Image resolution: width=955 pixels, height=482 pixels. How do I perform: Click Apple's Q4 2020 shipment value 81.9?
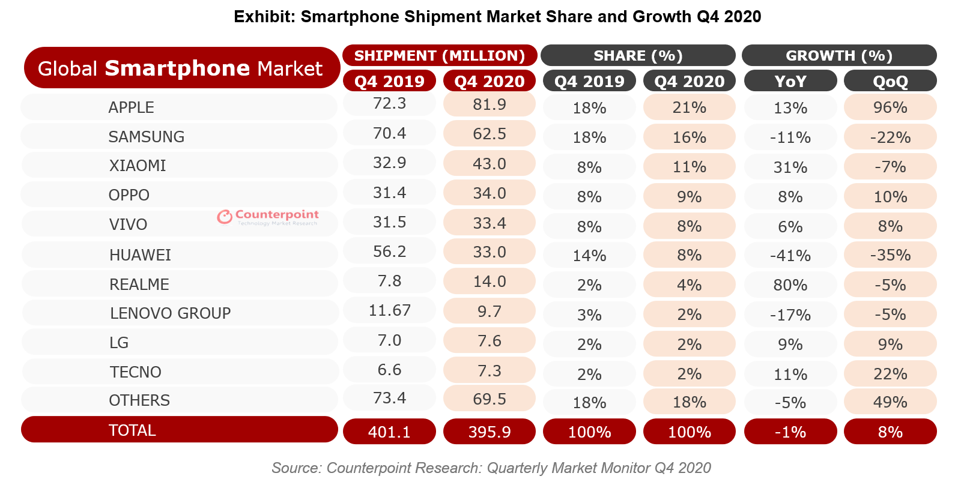point(489,104)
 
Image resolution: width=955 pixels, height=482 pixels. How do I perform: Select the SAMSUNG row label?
point(146,137)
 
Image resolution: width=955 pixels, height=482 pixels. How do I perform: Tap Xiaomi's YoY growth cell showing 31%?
point(790,167)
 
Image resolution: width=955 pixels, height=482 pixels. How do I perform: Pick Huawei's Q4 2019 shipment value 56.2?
point(389,252)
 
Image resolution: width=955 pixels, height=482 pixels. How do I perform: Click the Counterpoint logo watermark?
point(268,217)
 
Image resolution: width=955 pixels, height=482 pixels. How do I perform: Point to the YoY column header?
point(790,81)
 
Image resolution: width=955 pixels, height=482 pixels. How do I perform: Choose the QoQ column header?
point(890,81)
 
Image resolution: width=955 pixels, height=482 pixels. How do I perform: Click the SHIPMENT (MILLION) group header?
point(440,55)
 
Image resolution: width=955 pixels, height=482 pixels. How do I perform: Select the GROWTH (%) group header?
point(838,55)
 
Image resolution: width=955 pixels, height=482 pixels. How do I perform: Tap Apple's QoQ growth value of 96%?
point(890,107)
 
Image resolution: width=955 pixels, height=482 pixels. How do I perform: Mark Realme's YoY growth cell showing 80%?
point(790,285)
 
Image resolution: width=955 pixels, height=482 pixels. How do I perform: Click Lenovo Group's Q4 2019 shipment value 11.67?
point(389,310)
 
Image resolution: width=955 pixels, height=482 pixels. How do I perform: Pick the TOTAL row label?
point(132,430)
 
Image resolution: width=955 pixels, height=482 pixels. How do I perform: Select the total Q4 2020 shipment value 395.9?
point(489,432)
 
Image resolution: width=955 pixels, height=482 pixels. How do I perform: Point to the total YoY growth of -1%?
point(790,432)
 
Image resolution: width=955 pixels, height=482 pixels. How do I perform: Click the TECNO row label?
point(135,372)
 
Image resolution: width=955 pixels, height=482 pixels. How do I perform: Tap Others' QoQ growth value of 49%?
point(890,402)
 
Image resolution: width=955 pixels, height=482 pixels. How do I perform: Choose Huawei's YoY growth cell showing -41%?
point(790,256)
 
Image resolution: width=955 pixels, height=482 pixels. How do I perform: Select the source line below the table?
point(491,468)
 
